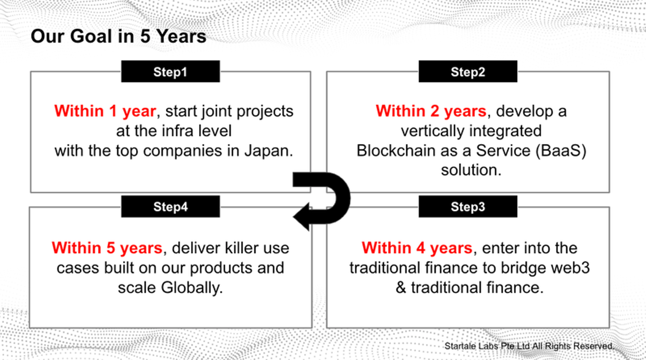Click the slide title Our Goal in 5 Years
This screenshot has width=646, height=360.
[118, 36]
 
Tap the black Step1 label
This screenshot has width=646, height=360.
[170, 72]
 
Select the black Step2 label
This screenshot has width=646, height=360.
[467, 72]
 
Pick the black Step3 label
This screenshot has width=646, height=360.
[467, 207]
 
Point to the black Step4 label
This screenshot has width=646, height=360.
[170, 207]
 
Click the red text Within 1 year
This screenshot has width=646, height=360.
[105, 111]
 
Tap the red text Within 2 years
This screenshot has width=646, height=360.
[431, 111]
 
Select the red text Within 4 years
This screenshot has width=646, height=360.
[417, 248]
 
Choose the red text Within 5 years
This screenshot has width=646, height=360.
[107, 248]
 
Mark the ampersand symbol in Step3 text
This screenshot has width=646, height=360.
[401, 287]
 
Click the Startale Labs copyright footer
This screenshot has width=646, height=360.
[529, 346]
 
